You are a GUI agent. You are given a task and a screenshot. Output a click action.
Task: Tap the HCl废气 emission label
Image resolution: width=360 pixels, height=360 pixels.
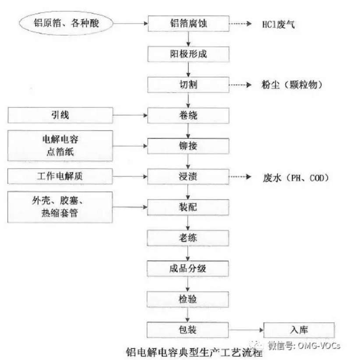277,25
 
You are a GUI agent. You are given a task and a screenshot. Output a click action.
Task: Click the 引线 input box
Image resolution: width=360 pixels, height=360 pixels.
60,116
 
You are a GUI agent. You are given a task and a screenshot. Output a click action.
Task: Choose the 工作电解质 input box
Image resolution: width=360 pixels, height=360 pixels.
60,176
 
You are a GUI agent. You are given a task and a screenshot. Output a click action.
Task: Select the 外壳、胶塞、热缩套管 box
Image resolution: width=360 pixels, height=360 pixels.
60,207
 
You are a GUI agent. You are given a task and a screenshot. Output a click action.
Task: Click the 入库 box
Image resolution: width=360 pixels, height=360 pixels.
299,329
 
